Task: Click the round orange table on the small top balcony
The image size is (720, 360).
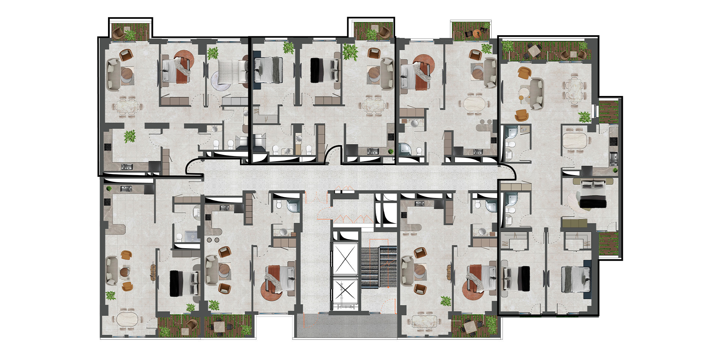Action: point(477,33)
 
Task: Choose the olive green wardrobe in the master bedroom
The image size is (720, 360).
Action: point(574,224)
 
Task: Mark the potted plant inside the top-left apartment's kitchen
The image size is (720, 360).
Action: point(130,136)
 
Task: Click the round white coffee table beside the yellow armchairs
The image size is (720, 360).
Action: point(523,92)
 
